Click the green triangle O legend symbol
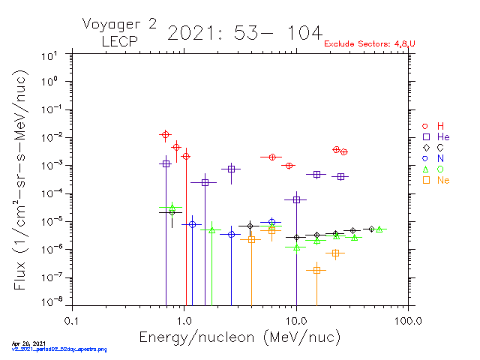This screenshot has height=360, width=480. (x=425, y=169)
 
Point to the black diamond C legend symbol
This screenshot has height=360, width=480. (x=425, y=148)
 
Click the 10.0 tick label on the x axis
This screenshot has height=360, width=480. (x=296, y=320)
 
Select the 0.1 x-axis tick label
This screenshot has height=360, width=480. (x=72, y=320)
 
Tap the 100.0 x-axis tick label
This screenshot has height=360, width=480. (x=407, y=320)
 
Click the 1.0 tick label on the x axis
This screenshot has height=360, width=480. (x=184, y=320)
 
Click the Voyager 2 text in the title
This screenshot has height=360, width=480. (x=119, y=24)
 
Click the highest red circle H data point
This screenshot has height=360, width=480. (x=166, y=135)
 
